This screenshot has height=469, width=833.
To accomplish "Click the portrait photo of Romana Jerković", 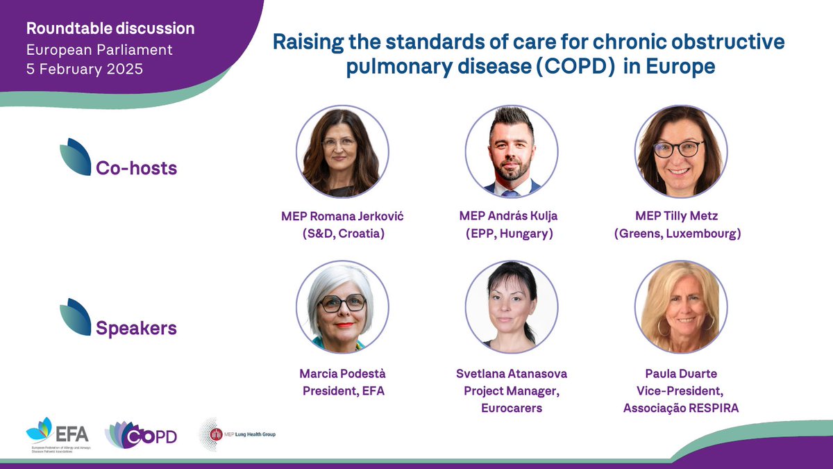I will (x=342, y=151).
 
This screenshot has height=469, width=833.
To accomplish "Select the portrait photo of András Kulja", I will (x=512, y=151).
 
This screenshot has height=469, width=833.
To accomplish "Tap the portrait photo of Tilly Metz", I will (x=681, y=151).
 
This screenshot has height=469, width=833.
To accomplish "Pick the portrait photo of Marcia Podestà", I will (x=342, y=307).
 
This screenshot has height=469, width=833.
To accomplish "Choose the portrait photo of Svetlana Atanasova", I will (x=512, y=307).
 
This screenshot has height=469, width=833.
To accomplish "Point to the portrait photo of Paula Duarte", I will (x=681, y=307).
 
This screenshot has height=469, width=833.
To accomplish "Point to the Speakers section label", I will (x=136, y=327).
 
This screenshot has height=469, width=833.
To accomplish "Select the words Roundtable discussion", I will (x=110, y=29).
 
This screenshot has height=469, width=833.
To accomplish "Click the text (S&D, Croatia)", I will (x=342, y=233).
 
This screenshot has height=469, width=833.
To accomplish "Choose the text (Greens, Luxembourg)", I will (x=678, y=233).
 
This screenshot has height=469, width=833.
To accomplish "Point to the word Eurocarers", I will (x=512, y=408).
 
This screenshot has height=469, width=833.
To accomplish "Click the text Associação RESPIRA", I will (x=681, y=408).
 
